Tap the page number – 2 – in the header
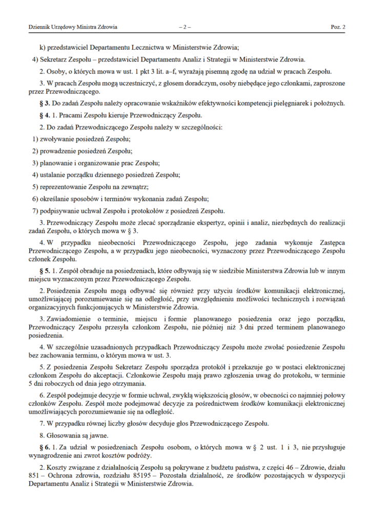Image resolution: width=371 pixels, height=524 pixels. [184, 26]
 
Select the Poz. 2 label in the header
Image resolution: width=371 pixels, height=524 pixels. [337, 26]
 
